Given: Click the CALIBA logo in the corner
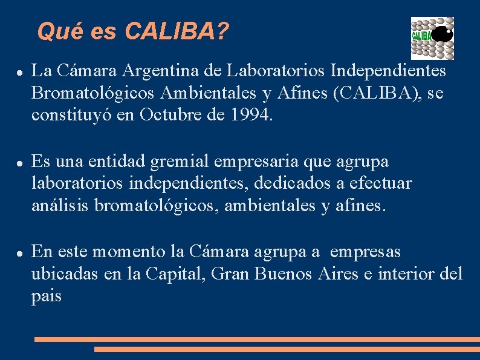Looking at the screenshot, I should pyautogui.click(x=432, y=38).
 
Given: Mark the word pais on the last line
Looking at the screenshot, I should pyautogui.click(x=47, y=296).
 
